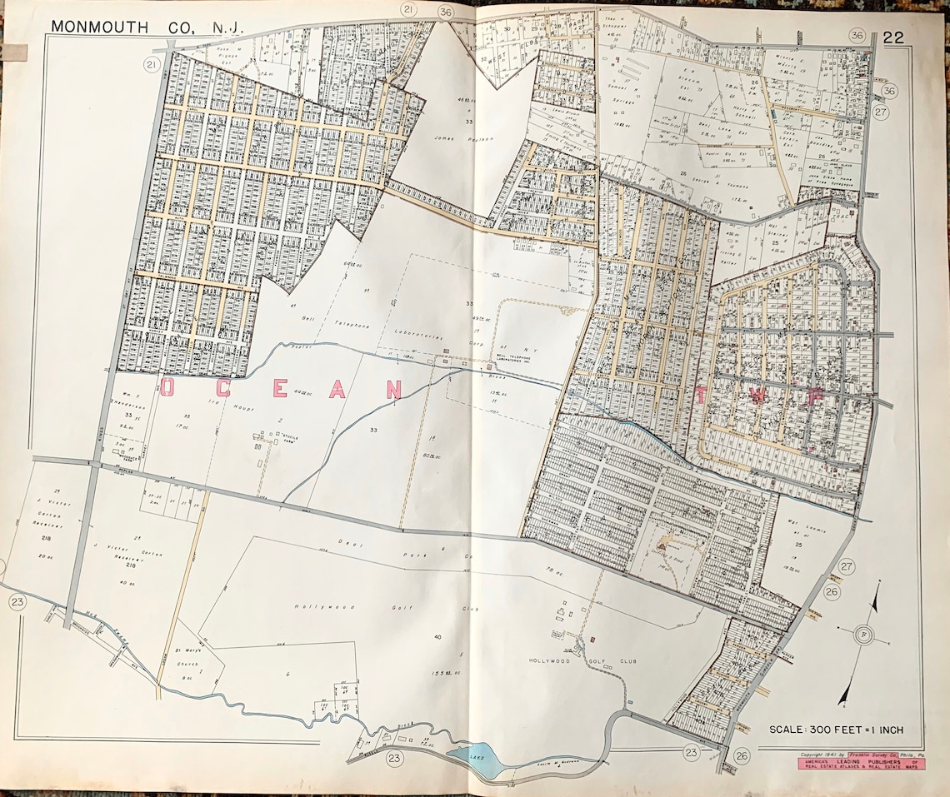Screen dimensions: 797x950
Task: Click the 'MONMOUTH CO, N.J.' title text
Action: pos(147,27)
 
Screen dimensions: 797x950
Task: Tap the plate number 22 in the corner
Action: pos(894,37)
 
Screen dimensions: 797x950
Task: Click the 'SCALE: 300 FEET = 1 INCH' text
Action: pos(836,730)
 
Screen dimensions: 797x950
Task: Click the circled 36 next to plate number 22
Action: pos(856,35)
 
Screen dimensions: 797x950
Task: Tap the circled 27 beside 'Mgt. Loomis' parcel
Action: pos(847,566)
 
